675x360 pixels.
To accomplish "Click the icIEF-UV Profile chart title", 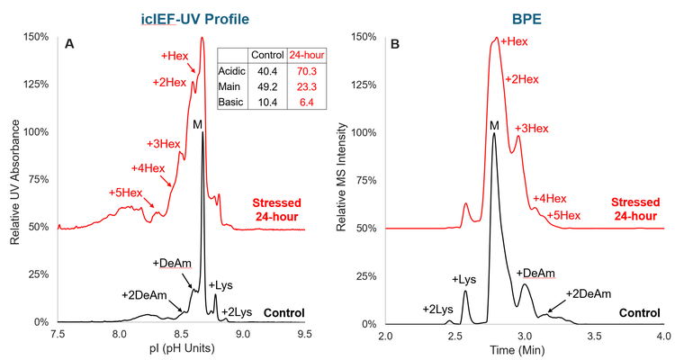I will point(182,16).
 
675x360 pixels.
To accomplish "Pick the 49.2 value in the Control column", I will point(265,87).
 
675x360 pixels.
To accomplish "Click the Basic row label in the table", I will point(231,103).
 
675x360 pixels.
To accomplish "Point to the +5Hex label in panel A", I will point(125,193).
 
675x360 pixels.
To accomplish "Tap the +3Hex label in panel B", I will point(531,129).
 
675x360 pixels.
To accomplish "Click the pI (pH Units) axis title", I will point(182,350).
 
